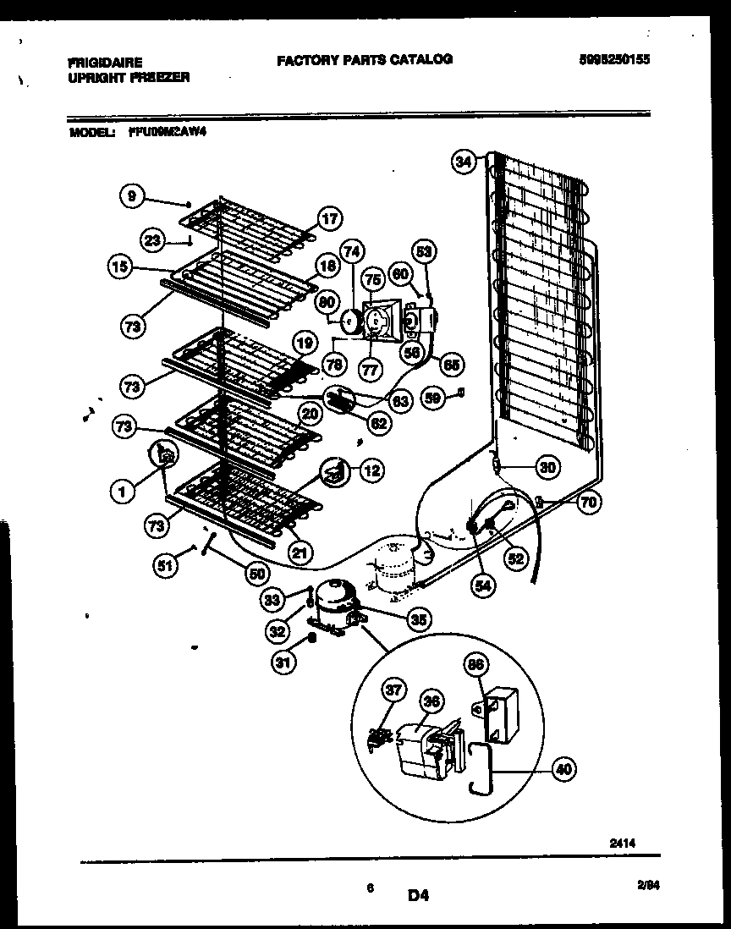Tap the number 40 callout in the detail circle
tap(564, 769)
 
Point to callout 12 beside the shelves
tap(371, 470)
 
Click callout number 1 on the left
tap(124, 488)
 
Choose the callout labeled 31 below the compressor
tap(284, 663)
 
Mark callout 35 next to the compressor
tap(417, 619)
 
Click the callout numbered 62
tap(380, 421)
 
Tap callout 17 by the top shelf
tap(329, 219)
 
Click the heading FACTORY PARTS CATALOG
tap(364, 59)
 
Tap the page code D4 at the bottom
tap(418, 894)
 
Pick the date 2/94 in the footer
tap(647, 884)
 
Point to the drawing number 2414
tap(622, 842)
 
